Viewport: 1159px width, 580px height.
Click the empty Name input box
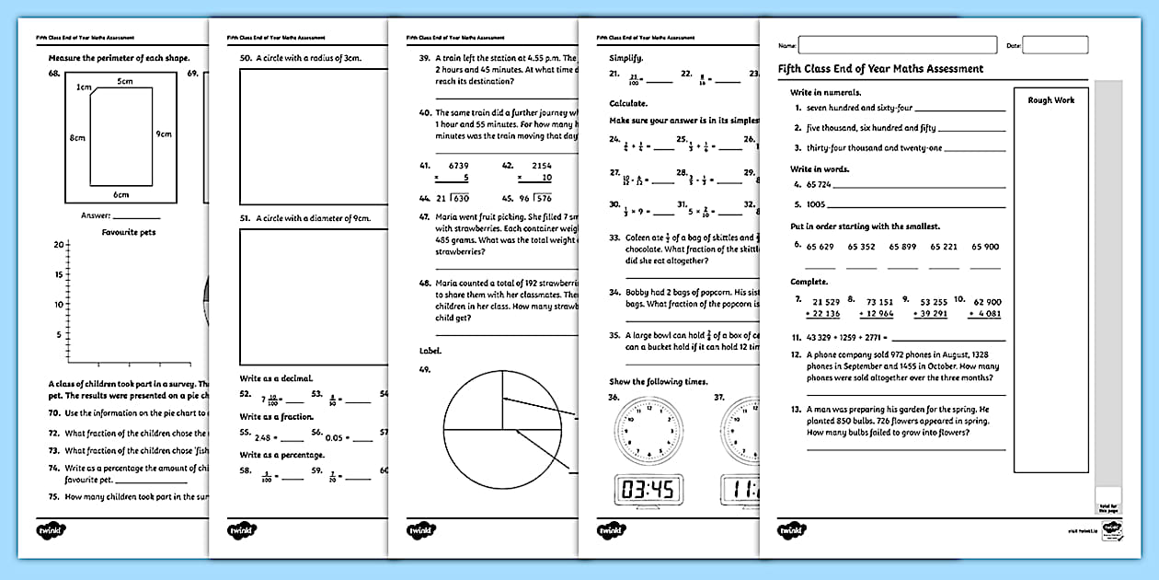tap(897, 45)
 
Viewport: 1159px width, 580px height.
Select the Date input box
tap(1054, 45)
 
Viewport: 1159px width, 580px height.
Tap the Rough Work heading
tap(1050, 100)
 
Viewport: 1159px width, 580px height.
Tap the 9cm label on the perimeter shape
tap(164, 134)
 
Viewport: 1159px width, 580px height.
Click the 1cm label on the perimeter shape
tap(84, 87)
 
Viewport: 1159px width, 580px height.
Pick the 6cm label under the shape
tap(121, 194)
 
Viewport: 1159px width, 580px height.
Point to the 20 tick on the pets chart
tap(58, 245)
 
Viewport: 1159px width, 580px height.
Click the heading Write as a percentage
tap(281, 455)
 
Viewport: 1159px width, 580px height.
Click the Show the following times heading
tap(659, 381)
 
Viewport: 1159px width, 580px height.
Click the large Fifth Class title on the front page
tap(880, 69)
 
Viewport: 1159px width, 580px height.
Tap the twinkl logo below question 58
tap(242, 531)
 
